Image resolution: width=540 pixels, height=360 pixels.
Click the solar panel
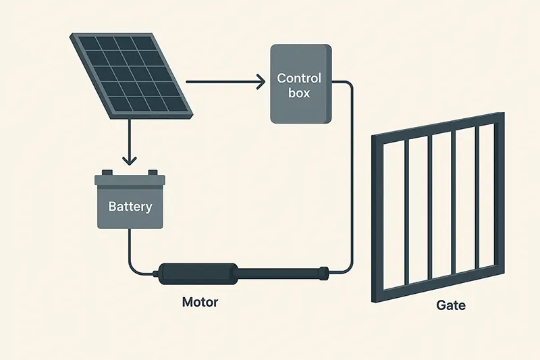point(131,76)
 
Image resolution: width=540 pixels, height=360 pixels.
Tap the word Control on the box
point(299,78)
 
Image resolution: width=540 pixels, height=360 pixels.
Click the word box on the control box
point(299,93)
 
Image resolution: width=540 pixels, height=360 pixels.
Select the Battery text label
point(130,207)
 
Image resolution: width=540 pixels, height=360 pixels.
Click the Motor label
point(200,302)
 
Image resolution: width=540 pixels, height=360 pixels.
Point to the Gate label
point(451,305)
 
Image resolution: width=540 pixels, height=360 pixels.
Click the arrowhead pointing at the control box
point(261,82)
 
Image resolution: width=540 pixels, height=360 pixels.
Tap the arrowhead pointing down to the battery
point(130,161)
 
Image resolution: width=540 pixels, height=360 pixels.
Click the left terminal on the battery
point(107,172)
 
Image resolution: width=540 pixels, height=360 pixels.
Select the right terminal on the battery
point(153,172)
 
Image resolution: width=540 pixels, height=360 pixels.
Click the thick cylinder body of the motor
point(198,274)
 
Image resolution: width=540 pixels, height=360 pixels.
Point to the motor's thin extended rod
point(279,273)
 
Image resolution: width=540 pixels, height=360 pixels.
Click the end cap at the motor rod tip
point(325,272)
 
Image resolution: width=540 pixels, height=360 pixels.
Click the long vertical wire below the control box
point(351,176)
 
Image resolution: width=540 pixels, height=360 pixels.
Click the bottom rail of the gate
point(438,283)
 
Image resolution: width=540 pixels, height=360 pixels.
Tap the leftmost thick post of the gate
point(377,219)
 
